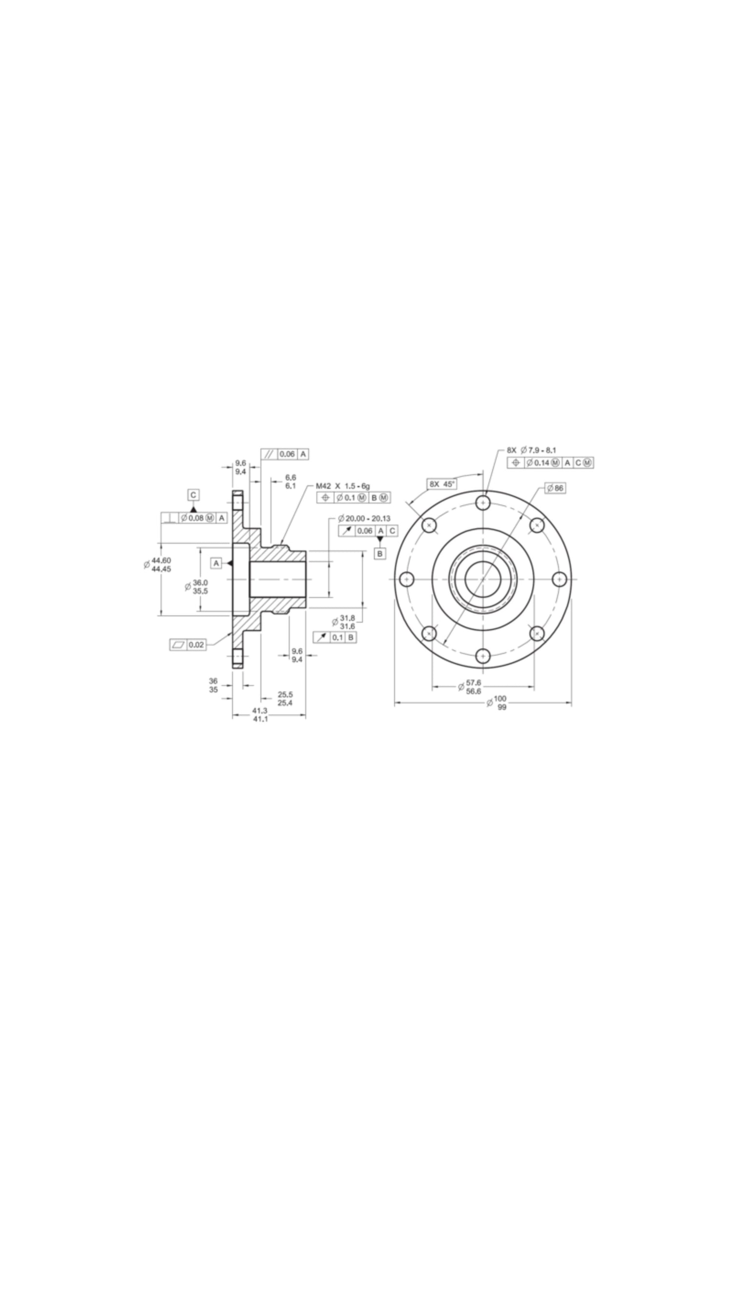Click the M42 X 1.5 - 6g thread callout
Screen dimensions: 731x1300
pos(343,486)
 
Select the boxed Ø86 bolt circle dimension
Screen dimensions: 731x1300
pos(555,488)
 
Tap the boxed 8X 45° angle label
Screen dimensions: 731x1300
pos(442,484)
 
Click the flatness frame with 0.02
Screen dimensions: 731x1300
pos(188,644)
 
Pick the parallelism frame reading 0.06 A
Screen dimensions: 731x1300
pos(285,454)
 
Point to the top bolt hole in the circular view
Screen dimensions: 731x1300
pos(483,503)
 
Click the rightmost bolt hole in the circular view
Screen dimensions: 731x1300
pos(559,579)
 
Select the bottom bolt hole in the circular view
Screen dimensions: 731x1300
pos(483,656)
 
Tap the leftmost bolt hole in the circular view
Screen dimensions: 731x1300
pos(406,579)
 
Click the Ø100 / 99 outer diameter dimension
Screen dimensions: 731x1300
pos(497,702)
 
